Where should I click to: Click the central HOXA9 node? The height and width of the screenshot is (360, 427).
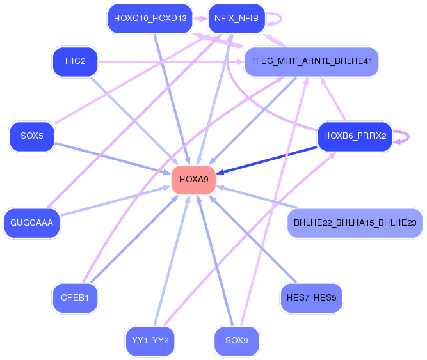(194, 180)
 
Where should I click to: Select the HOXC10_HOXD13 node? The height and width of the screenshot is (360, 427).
(150, 19)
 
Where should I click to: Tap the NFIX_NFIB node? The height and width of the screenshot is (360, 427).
(237, 19)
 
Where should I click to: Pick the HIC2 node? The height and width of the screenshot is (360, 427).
(75, 62)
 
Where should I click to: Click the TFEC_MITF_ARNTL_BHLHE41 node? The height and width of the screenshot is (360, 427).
(311, 62)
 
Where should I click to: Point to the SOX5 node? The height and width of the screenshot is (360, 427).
(31, 136)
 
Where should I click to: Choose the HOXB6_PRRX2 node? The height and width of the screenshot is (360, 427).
(355, 136)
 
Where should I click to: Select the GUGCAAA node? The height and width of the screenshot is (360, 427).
(31, 223)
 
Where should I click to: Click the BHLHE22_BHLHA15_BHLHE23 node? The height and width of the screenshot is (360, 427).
(355, 223)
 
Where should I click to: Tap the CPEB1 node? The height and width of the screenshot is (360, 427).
(75, 298)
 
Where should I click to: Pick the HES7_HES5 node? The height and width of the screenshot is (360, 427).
(311, 298)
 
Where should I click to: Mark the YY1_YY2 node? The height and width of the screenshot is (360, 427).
(150, 340)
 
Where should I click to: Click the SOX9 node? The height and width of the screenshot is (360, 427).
(237, 340)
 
